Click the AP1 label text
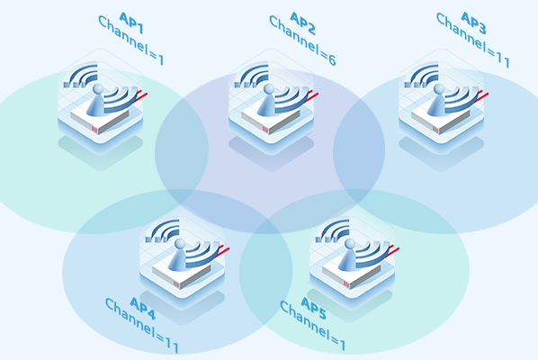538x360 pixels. point(131,23)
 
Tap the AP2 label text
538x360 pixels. point(302,23)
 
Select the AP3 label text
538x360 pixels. point(473,23)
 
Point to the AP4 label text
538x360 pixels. point(143,308)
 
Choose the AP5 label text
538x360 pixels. point(313,308)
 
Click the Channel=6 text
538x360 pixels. point(302,40)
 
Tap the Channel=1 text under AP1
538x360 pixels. point(130,40)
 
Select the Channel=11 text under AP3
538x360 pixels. point(472,40)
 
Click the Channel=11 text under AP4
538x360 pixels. point(142,325)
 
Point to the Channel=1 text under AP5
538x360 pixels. point(312,326)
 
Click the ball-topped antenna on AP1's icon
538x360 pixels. point(96,100)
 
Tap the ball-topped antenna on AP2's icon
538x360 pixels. point(267,100)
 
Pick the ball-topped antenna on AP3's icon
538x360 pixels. point(437,100)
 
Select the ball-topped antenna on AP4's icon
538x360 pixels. point(178,255)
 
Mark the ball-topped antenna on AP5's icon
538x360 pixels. point(348,255)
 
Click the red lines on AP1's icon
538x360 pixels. point(142,95)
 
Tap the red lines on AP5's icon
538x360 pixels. point(393,250)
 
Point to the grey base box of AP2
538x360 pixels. point(271,121)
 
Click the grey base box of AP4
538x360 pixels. point(182,275)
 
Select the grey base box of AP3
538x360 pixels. point(441,121)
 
